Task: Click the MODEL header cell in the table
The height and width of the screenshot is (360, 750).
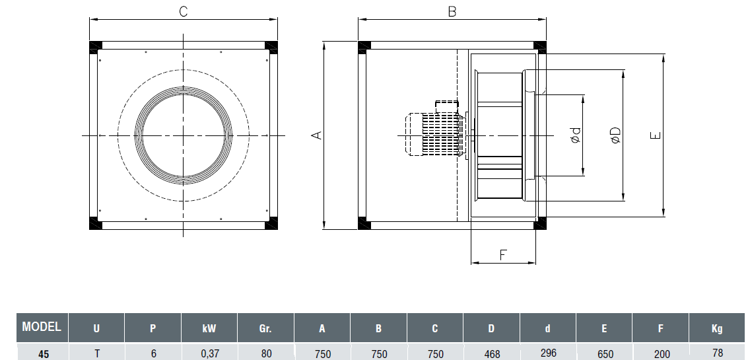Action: [42, 327]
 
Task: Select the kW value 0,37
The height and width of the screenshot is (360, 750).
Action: [209, 353]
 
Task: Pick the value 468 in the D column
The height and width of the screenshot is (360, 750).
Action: [492, 353]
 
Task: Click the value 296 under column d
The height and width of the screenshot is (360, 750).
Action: [548, 352]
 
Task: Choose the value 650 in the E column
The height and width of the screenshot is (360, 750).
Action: [605, 353]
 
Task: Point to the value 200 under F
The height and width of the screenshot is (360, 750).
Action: [661, 352]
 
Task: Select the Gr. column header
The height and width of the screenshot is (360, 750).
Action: [266, 328]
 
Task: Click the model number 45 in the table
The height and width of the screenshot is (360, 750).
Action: [43, 353]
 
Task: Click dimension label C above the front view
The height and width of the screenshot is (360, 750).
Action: [184, 11]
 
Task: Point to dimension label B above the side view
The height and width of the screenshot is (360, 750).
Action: [452, 11]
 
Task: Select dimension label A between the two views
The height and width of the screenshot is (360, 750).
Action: [317, 135]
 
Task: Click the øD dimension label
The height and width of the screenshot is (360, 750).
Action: [615, 135]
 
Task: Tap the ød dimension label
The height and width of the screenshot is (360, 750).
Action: [576, 136]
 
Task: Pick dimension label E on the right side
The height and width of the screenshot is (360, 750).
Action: [655, 135]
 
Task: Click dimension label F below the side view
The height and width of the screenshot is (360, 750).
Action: [503, 254]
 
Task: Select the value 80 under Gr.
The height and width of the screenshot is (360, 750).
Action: [266, 353]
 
